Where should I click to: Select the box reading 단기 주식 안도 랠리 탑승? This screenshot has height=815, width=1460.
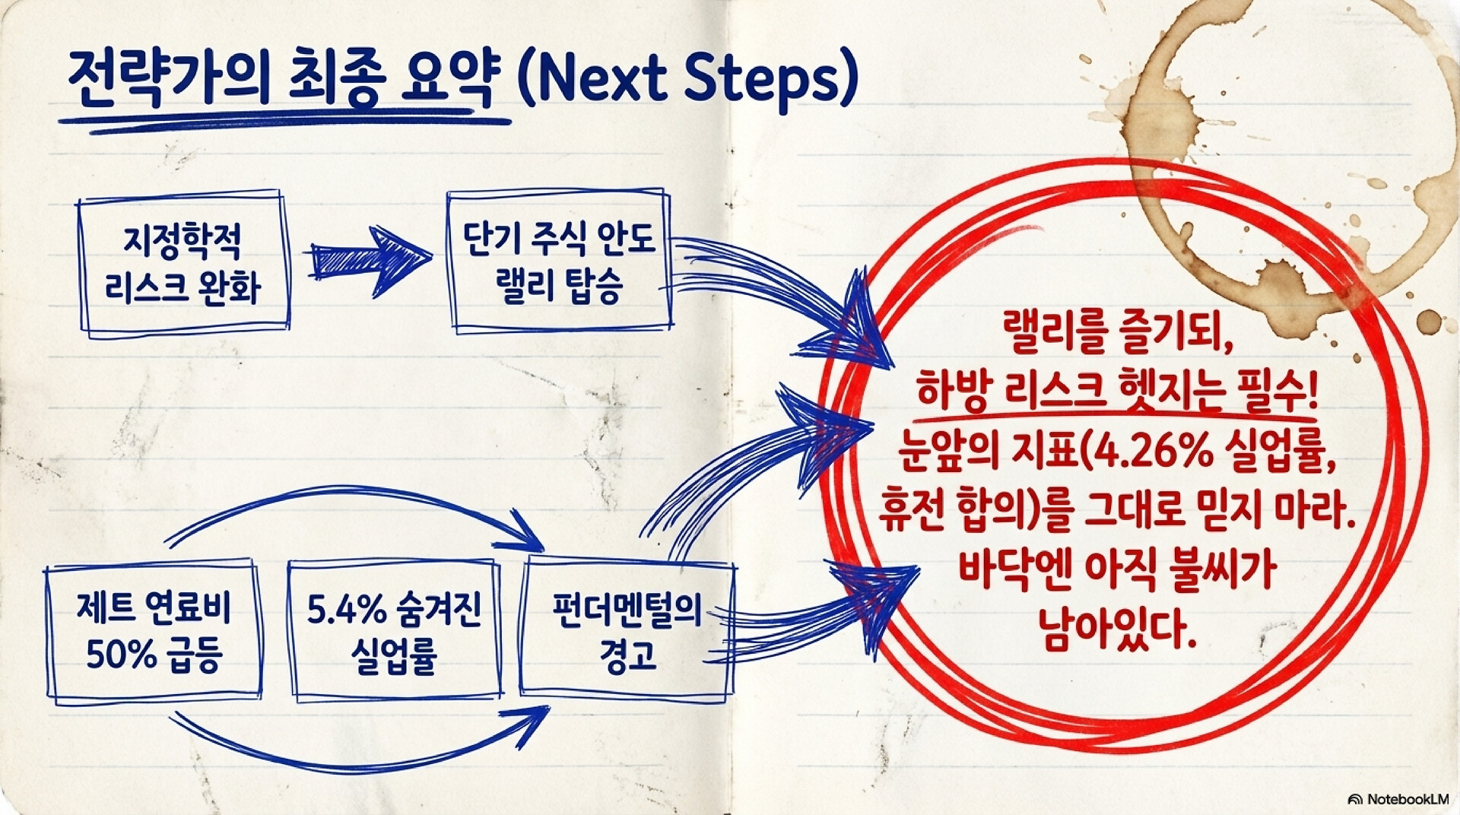tap(559, 261)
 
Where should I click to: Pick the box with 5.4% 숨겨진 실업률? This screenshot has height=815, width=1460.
tap(395, 631)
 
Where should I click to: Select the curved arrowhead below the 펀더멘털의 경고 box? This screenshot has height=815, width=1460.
tap(532, 722)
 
